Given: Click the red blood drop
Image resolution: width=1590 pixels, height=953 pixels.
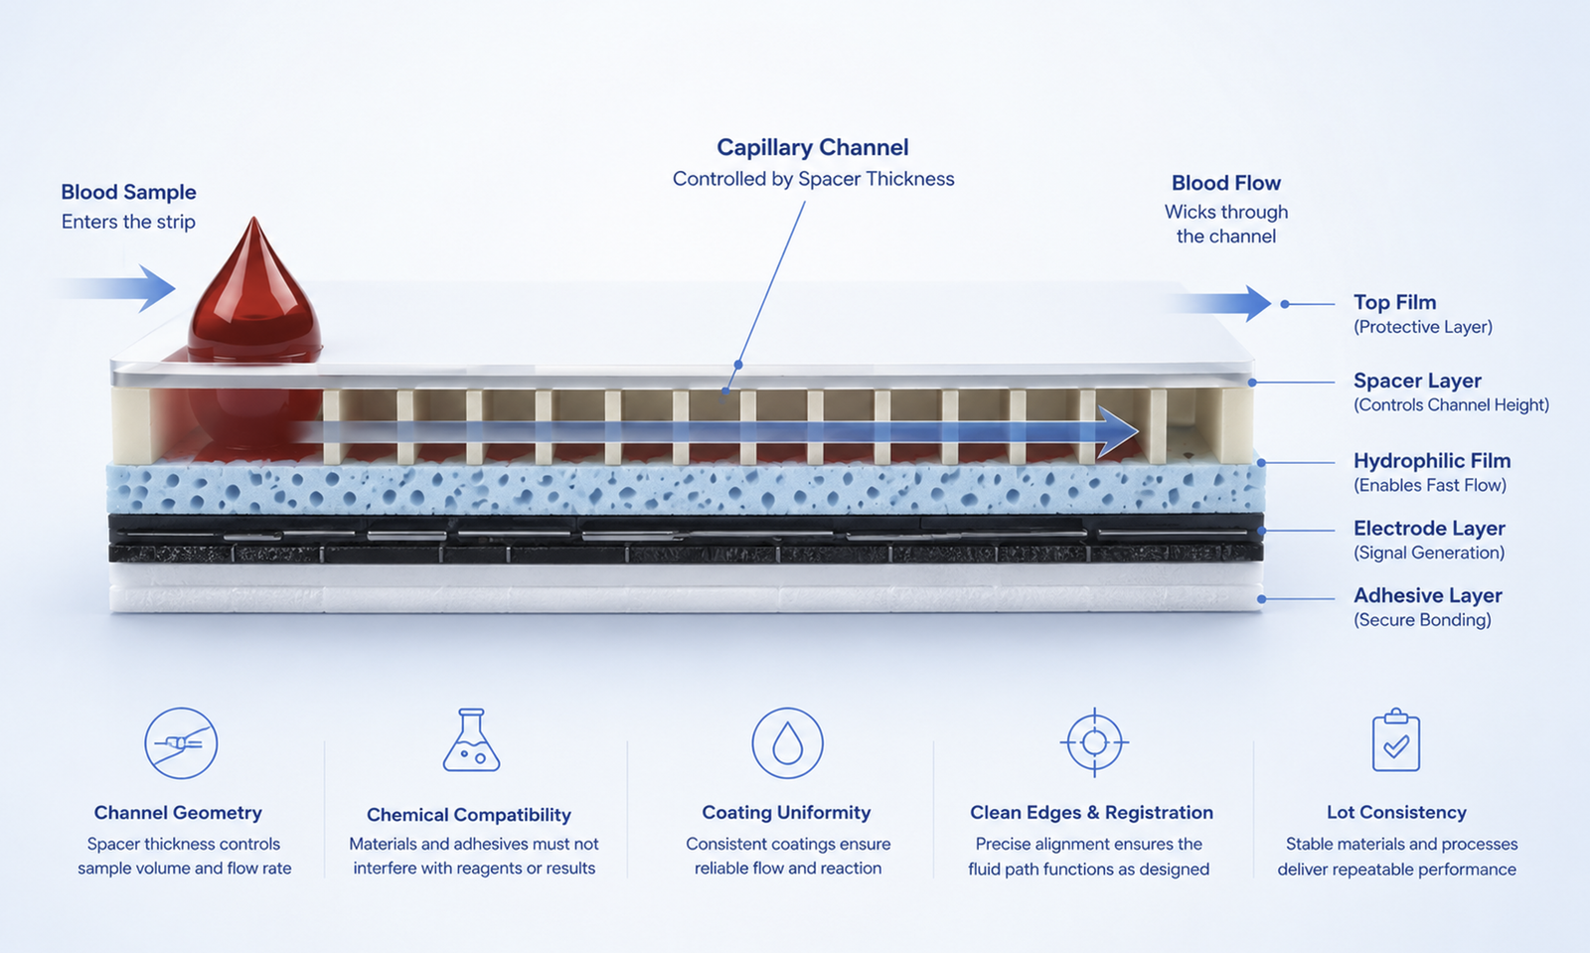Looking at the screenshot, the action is click(x=254, y=291).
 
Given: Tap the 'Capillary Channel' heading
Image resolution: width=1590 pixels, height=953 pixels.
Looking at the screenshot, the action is click(x=813, y=148).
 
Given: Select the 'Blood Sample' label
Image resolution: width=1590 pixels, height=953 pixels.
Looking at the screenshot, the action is click(x=128, y=193).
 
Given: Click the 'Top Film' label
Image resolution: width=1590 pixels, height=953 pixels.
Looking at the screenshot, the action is click(x=1395, y=302).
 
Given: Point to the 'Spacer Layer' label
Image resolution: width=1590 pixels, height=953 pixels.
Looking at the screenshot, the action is click(x=1417, y=381).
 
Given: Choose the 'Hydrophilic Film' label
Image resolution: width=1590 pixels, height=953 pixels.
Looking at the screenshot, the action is click(x=1432, y=461).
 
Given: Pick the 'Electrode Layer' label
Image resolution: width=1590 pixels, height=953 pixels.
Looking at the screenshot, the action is click(x=1429, y=529).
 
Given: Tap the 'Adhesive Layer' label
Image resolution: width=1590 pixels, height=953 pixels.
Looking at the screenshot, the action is click(x=1427, y=595).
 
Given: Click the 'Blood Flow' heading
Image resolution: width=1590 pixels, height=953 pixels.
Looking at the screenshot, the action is click(x=1226, y=183).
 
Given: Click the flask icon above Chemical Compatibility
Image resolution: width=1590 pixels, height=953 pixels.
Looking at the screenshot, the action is click(x=471, y=740).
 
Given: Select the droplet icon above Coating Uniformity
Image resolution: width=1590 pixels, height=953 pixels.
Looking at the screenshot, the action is click(x=787, y=743).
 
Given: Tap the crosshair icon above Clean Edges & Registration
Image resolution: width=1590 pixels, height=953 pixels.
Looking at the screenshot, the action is click(x=1094, y=743).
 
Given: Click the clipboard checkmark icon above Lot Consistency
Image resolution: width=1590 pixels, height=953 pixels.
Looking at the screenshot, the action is click(x=1395, y=739).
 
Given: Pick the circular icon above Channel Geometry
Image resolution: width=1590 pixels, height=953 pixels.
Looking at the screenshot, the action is click(x=181, y=743).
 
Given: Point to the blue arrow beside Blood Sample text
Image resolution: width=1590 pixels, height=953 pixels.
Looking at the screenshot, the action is click(x=120, y=289).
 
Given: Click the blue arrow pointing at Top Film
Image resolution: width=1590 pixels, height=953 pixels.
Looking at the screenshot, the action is click(x=1217, y=304).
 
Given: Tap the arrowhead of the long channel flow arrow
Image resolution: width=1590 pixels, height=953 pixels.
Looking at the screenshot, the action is click(x=1117, y=431).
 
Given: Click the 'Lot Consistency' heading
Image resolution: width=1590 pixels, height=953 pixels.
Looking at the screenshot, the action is click(x=1396, y=813).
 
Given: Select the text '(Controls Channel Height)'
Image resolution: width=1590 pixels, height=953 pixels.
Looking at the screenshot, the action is click(x=1451, y=405).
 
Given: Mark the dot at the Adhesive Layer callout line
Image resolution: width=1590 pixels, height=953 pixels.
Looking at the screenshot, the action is click(x=1261, y=599).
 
